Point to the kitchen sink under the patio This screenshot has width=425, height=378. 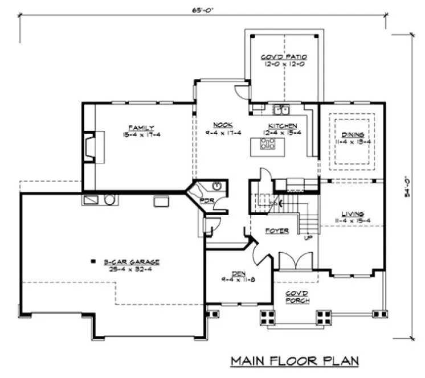(280, 109)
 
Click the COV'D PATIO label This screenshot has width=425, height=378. (284, 57)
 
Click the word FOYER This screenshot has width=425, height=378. (277, 231)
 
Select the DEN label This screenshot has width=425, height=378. (232, 273)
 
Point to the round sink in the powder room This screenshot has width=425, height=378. (217, 186)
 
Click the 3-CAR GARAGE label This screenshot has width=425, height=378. (132, 262)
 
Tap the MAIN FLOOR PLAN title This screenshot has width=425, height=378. (294, 361)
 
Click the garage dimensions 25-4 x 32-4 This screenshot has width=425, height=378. (132, 269)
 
